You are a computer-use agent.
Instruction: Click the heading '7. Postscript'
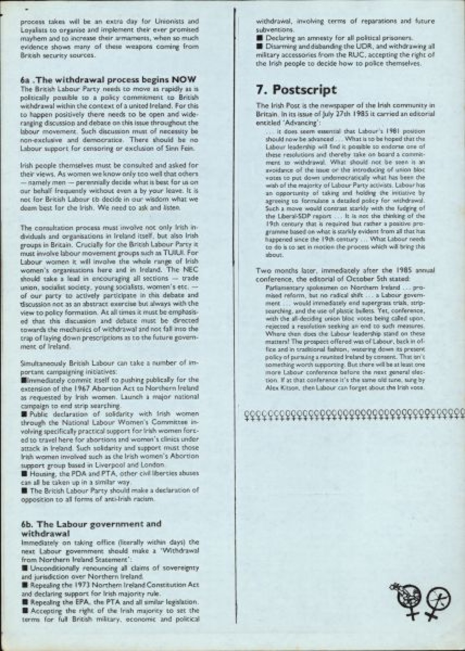pos(296,90)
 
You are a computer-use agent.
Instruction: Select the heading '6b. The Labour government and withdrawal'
pos(91,528)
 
